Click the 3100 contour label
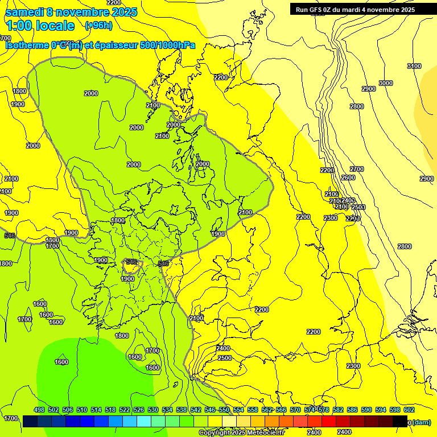tap(414, 67)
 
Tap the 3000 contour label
tap(386, 84)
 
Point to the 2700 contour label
tap(357, 170)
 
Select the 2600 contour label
tap(348, 178)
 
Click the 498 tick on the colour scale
tap(39, 410)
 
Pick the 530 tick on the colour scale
tap(153, 410)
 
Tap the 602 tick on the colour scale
tap(409, 410)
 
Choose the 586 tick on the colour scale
tap(352, 410)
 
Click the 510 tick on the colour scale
tap(82, 410)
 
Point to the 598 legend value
tap(395, 410)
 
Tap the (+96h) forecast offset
tap(98, 25)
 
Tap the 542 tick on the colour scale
tap(196, 410)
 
